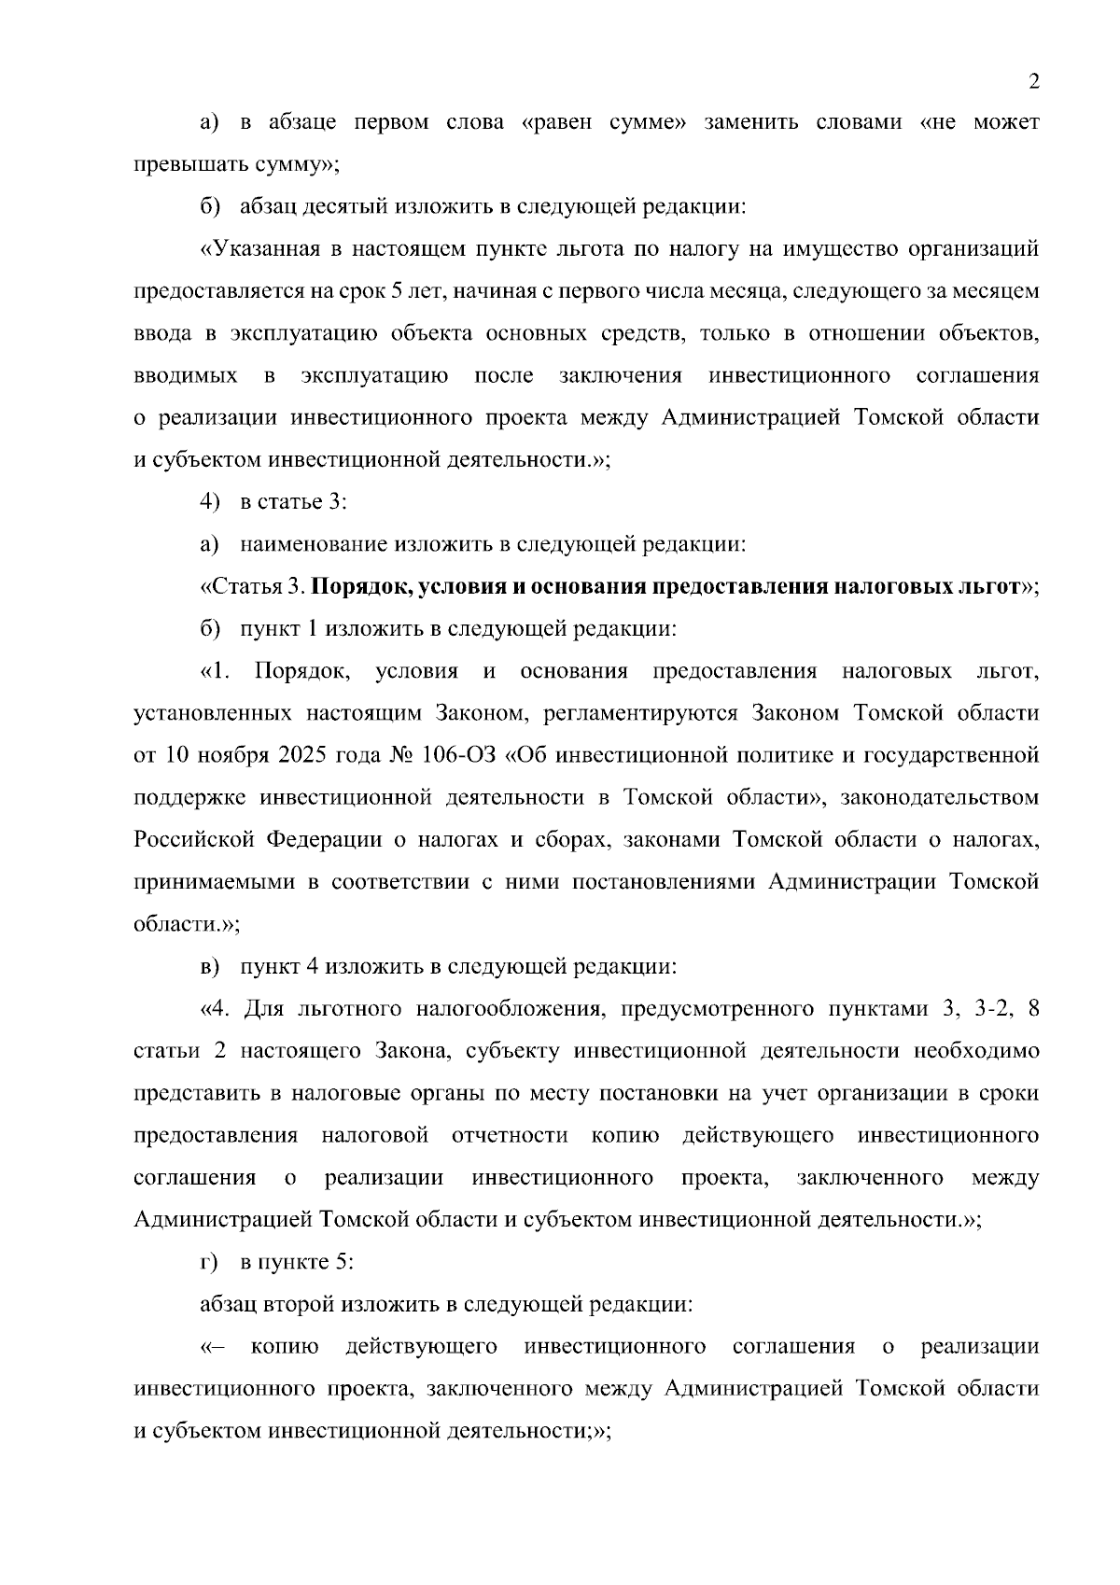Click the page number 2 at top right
point(1033,82)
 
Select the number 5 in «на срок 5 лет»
point(397,291)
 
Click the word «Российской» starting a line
point(193,840)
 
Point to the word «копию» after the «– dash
point(285,1347)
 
